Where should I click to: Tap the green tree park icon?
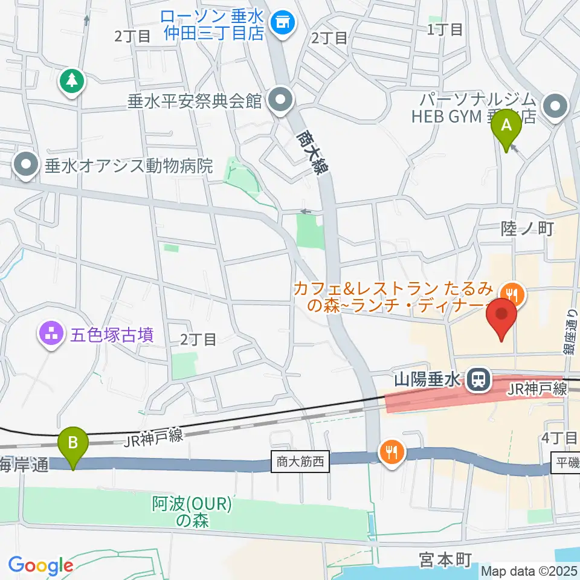pyautogui.click(x=71, y=79)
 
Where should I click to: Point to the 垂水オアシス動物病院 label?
pyautogui.click(x=129, y=166)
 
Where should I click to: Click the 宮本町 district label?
pyautogui.click(x=445, y=560)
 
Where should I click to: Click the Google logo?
pyautogui.click(x=40, y=565)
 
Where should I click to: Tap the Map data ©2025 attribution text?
pyautogui.click(x=529, y=570)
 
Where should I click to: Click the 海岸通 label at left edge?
pyautogui.click(x=22, y=465)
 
